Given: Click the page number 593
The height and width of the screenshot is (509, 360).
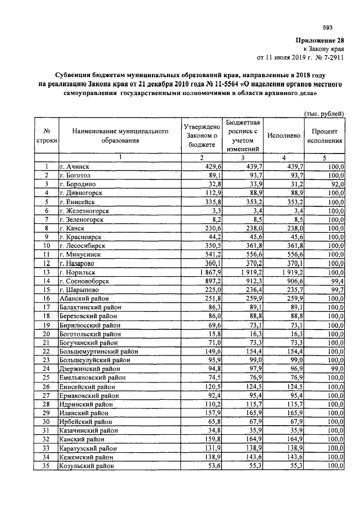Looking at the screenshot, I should [327, 28].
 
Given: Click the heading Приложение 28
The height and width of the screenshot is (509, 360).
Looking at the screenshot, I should [319, 41].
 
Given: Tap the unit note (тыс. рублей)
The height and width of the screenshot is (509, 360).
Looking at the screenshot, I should [324, 113].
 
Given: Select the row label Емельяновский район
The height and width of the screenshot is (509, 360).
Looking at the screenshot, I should [93, 378].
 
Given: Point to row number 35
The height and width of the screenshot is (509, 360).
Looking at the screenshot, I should [46, 466].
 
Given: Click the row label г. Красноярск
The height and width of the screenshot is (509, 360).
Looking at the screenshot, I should [79, 237].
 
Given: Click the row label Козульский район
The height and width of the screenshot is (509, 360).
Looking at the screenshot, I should [87, 466].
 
